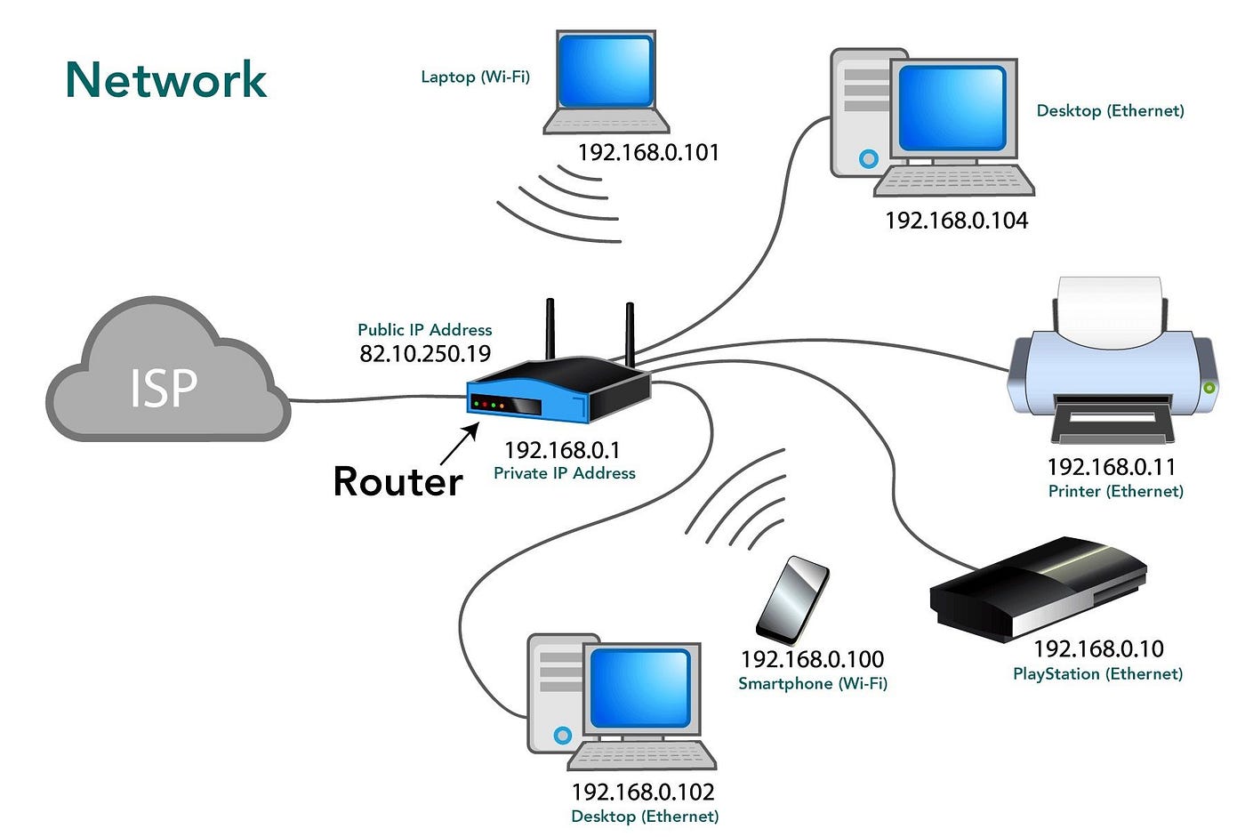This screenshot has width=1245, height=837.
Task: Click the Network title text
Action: [165, 80]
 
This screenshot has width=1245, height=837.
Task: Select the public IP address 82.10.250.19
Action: [425, 354]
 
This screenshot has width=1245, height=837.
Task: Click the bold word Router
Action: [398, 481]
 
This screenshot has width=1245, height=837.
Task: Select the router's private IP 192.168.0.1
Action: [562, 450]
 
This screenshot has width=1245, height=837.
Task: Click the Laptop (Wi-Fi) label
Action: [475, 77]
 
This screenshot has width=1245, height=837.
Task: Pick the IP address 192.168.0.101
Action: [647, 153]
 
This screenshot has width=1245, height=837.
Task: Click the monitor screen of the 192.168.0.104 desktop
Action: [952, 108]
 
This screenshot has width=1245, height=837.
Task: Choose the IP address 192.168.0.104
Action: [956, 221]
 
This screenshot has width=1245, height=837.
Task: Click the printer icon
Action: [1112, 365]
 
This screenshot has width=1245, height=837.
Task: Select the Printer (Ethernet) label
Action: [1115, 491]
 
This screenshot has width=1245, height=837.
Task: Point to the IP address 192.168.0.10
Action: [1097, 649]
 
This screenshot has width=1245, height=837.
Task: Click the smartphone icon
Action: [791, 600]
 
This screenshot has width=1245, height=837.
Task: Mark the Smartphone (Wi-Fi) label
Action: [812, 683]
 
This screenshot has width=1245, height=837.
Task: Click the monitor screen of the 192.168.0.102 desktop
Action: [639, 689]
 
